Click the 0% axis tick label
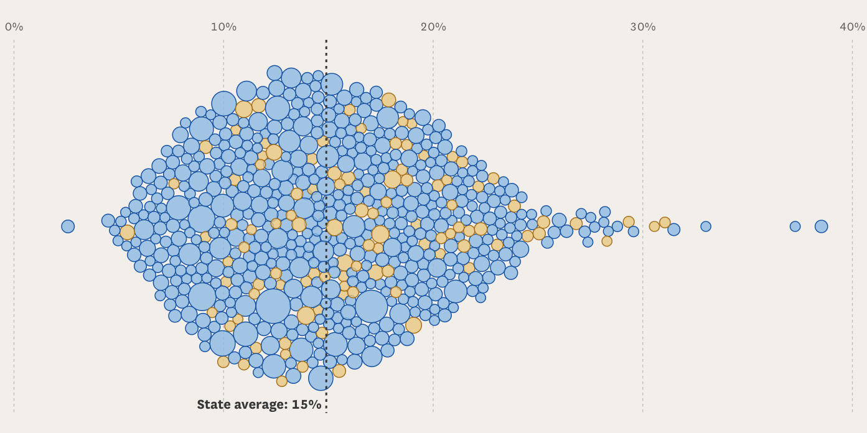[x=14, y=27]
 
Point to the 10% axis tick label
[x=223, y=27]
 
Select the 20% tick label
[x=433, y=27]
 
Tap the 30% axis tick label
[x=643, y=27]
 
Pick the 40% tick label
[x=852, y=27]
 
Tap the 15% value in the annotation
[x=306, y=404]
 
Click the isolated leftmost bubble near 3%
[x=68, y=226]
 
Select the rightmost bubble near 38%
[x=822, y=226]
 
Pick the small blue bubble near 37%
[x=795, y=226]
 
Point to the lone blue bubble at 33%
[x=705, y=226]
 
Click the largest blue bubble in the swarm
[x=273, y=306]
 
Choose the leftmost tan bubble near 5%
[x=127, y=232]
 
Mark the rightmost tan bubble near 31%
[x=665, y=222]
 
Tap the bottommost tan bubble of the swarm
[x=282, y=381]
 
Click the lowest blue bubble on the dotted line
[x=321, y=378]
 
